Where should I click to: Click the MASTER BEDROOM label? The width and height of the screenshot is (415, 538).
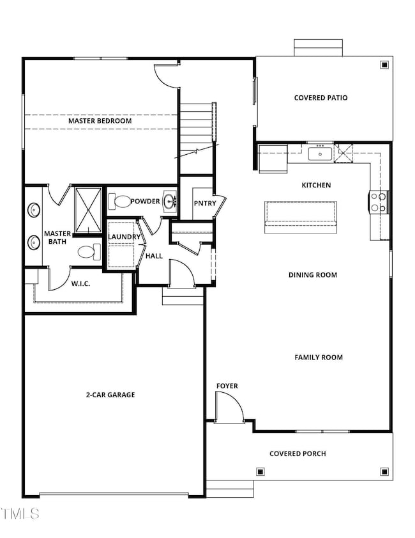(x=100, y=121)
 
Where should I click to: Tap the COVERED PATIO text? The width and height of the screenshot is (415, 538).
(x=321, y=98)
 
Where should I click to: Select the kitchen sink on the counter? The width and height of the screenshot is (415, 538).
(x=319, y=153)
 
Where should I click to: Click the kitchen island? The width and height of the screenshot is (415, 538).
(x=301, y=213)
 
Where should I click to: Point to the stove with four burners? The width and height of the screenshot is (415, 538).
(x=379, y=202)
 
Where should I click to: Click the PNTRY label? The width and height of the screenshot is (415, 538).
(x=205, y=203)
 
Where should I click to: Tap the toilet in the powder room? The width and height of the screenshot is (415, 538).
(x=119, y=202)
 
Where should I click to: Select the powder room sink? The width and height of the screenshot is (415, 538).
(x=170, y=202)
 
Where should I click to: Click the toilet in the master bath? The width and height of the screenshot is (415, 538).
(x=89, y=252)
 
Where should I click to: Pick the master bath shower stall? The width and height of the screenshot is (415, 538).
(x=87, y=210)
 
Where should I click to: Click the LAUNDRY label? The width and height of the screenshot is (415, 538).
(x=124, y=237)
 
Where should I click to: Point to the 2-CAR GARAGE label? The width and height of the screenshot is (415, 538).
(x=110, y=395)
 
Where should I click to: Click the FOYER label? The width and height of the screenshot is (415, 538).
(x=227, y=386)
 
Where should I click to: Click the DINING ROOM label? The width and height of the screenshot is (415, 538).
(x=312, y=275)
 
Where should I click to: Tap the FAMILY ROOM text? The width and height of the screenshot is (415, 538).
(x=319, y=357)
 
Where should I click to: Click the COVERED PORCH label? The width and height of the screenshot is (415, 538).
(x=298, y=454)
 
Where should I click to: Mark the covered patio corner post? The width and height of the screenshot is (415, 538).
(x=384, y=65)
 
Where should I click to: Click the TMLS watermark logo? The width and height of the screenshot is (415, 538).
(x=20, y=513)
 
